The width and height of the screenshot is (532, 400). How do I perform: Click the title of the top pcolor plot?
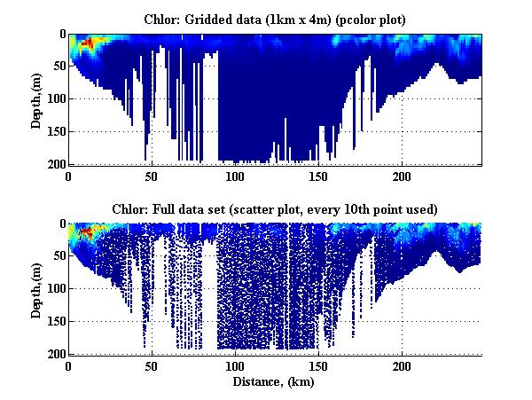pos(275,18)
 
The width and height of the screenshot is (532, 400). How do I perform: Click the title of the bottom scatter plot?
pos(275,208)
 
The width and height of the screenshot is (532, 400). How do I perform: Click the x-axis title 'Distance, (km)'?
pos(275,381)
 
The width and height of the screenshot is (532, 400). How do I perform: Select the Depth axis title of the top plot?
pos(36,100)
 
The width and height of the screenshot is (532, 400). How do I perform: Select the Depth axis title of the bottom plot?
pos(36,290)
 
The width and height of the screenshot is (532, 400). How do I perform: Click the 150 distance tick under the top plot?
pos(318,175)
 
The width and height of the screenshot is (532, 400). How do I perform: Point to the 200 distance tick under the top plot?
pos(402,175)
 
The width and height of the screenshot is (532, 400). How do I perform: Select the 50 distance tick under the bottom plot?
pos(152,365)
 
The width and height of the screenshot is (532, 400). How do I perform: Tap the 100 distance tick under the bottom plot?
pos(235,365)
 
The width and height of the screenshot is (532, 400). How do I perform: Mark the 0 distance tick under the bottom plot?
pos(69,365)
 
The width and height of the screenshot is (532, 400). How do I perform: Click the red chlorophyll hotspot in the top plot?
pos(86,43)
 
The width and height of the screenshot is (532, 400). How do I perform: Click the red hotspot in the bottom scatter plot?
pos(86,232)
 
